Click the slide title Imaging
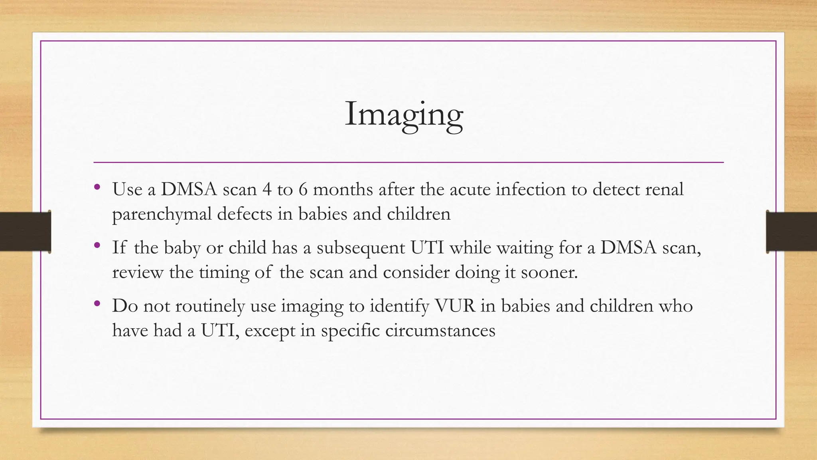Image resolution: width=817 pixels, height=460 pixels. click(404, 115)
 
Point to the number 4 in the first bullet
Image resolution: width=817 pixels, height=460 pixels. click(266, 189)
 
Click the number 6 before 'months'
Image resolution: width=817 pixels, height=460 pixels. click(303, 189)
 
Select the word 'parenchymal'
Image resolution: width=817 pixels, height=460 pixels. click(162, 214)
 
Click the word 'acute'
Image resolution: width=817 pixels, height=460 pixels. click(470, 189)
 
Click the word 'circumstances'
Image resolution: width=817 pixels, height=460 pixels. click(440, 331)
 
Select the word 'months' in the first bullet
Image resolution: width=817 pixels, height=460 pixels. click(343, 189)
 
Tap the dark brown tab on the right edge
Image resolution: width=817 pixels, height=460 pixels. click(791, 232)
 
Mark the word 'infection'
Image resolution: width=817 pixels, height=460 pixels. click(531, 189)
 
